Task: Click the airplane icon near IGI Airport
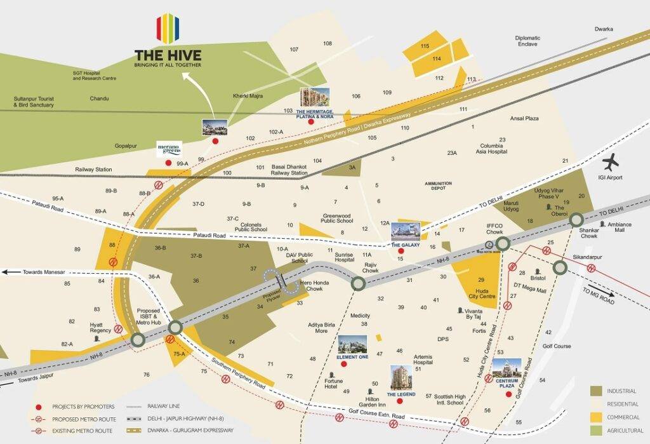[x=612, y=162]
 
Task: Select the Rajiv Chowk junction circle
[x=358, y=283]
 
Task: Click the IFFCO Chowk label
[x=495, y=229]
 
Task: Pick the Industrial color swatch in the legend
[x=596, y=391]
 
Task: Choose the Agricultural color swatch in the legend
[x=596, y=430]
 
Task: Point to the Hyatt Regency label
[x=100, y=326]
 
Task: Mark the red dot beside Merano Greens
[x=168, y=163]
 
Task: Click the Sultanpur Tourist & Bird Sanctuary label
[x=34, y=102]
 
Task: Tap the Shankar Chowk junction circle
[x=576, y=220]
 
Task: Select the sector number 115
[x=425, y=46]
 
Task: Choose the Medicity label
[x=360, y=315]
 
